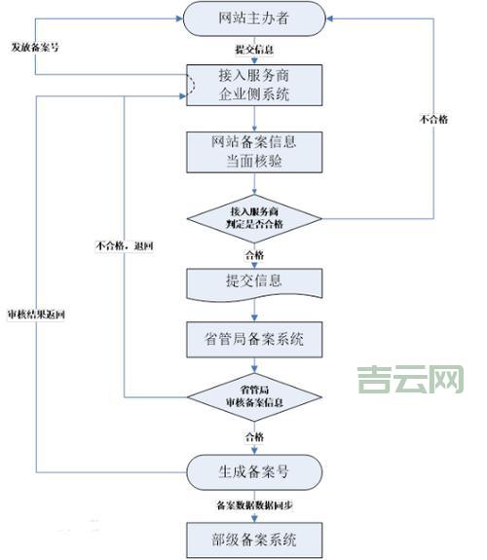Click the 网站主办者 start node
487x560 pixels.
[x=255, y=19]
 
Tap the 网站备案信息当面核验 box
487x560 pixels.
[x=255, y=151]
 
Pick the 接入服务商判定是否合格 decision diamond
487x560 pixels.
[x=255, y=219]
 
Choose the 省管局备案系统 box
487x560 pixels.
[x=255, y=340]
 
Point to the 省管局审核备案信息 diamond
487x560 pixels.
[x=255, y=396]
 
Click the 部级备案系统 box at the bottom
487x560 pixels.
[x=255, y=537]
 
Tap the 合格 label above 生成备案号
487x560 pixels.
[x=254, y=435]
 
